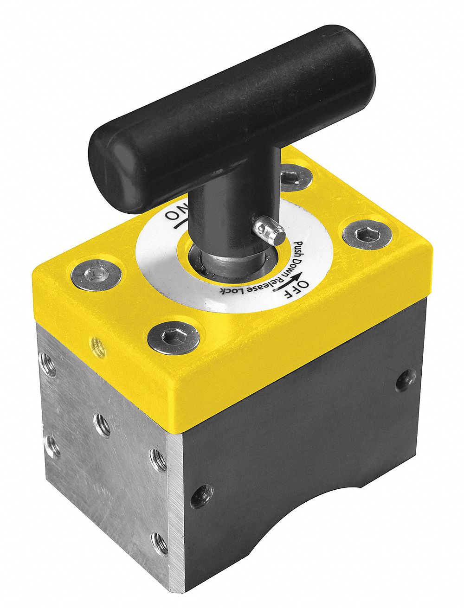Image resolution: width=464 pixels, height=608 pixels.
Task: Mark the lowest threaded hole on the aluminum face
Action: pyautogui.click(x=160, y=543)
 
